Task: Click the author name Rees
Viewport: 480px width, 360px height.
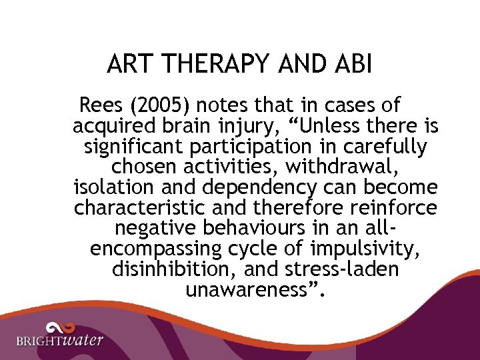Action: (101, 105)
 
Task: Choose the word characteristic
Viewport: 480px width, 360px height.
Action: (142, 208)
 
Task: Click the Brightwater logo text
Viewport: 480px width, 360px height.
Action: (60, 341)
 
